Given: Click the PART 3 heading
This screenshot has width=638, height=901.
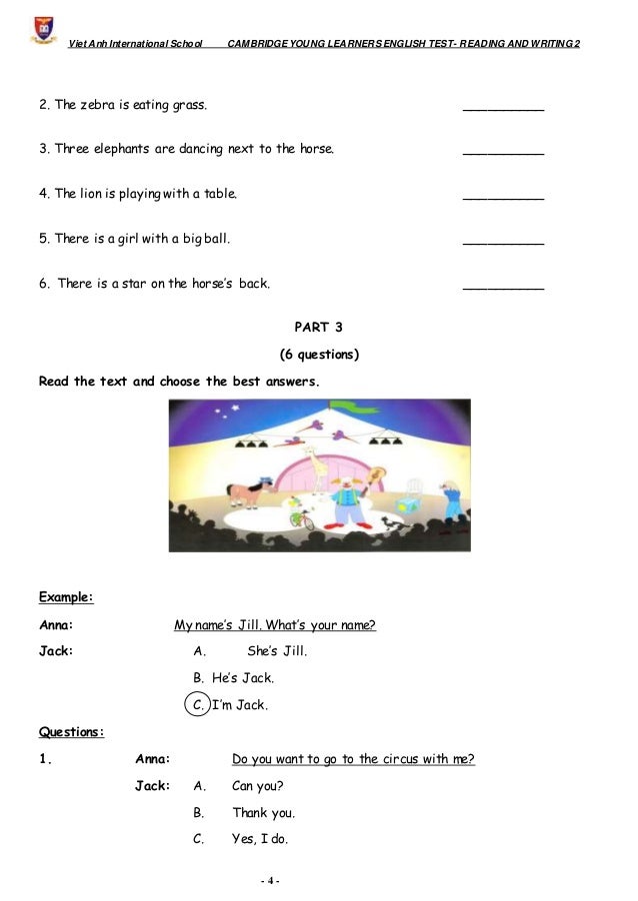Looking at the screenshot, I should pyautogui.click(x=318, y=327).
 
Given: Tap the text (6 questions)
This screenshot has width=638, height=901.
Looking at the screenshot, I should pyautogui.click(x=318, y=355).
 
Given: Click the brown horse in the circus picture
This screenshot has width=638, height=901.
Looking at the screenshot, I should pyautogui.click(x=244, y=494).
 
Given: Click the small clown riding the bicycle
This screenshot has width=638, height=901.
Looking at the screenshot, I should pyautogui.click(x=297, y=511).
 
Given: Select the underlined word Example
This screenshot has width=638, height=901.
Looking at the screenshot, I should pyautogui.click(x=65, y=598).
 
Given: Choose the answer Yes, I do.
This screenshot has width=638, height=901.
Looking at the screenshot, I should pyautogui.click(x=260, y=839).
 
